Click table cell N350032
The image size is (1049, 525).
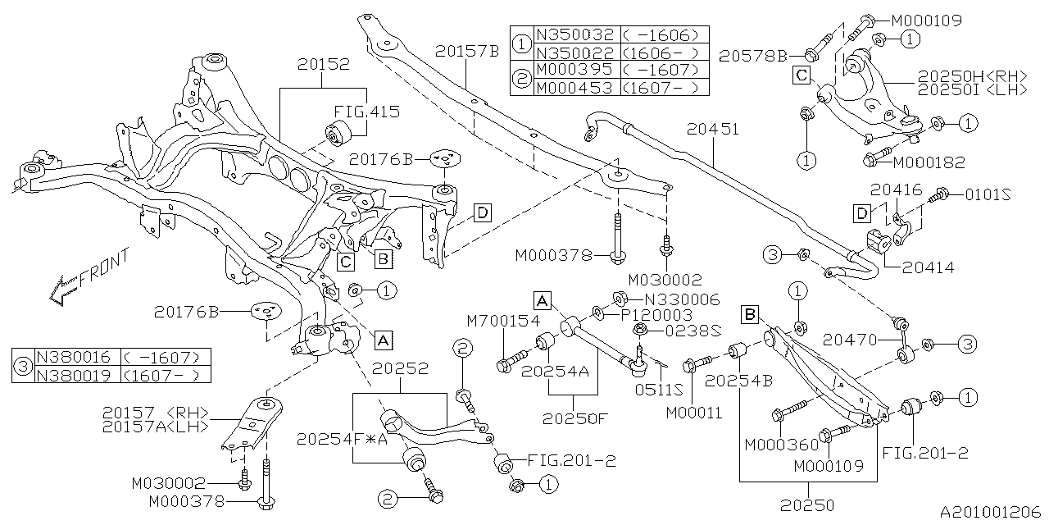tap(573, 35)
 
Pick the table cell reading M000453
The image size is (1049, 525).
tap(573, 88)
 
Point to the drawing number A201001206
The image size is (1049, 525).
tap(992, 512)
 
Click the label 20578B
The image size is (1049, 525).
tap(753, 56)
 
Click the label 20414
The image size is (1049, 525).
tap(929, 267)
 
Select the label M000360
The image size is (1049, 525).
tap(781, 445)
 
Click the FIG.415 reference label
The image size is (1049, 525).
tap(366, 112)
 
